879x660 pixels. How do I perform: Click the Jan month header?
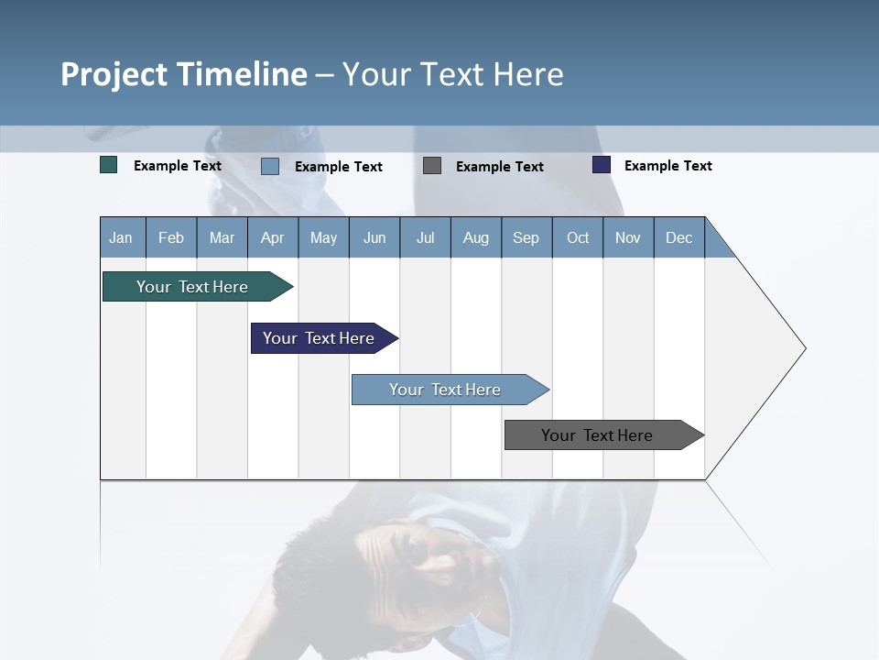(x=122, y=237)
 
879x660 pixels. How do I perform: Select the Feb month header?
(x=171, y=237)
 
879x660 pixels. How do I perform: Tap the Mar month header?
(x=222, y=237)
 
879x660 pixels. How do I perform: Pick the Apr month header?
(x=273, y=237)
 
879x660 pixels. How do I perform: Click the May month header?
(x=323, y=237)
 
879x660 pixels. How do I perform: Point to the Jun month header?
(x=374, y=237)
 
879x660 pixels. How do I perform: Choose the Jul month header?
(x=425, y=237)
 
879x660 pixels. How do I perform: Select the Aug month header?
(x=476, y=237)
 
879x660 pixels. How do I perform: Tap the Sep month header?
(x=526, y=237)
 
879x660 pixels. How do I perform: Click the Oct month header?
(x=578, y=237)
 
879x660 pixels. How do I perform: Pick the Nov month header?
(x=628, y=237)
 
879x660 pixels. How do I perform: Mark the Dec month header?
(x=679, y=237)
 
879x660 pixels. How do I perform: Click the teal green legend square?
(x=109, y=165)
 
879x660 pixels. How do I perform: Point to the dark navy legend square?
(x=602, y=165)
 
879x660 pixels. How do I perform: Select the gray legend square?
(x=432, y=165)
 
